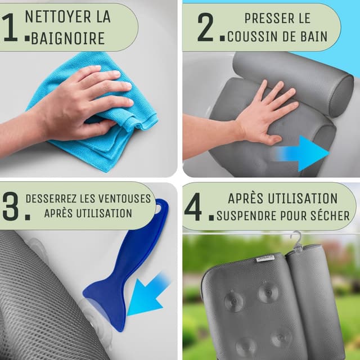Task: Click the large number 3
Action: click(x=11, y=208)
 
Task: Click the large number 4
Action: click(x=193, y=209)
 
